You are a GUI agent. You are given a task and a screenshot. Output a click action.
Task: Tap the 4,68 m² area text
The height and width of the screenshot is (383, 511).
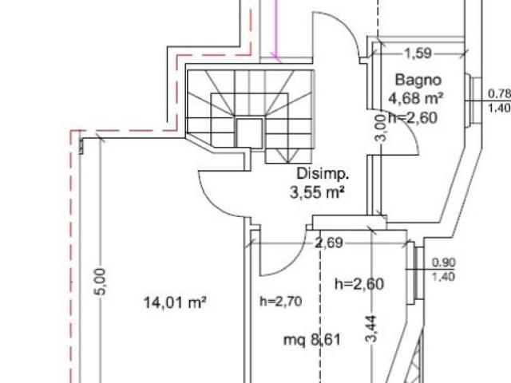(416, 97)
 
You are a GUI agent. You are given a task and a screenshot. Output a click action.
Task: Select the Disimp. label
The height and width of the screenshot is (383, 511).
(323, 174)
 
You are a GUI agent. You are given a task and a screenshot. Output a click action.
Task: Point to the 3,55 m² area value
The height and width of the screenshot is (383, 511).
(317, 192)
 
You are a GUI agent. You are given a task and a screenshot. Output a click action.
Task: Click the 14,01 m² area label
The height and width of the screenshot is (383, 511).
(175, 302)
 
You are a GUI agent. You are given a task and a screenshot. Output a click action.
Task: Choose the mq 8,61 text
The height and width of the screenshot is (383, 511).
(312, 341)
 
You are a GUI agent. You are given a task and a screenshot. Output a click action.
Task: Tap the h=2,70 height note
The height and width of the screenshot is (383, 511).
(280, 302)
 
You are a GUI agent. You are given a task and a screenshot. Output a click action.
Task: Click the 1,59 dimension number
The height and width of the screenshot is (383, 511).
(418, 53)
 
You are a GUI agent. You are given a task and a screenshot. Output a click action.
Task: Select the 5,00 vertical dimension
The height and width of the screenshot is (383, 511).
(101, 282)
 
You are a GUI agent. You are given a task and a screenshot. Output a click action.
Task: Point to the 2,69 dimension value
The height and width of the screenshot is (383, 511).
(329, 243)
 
